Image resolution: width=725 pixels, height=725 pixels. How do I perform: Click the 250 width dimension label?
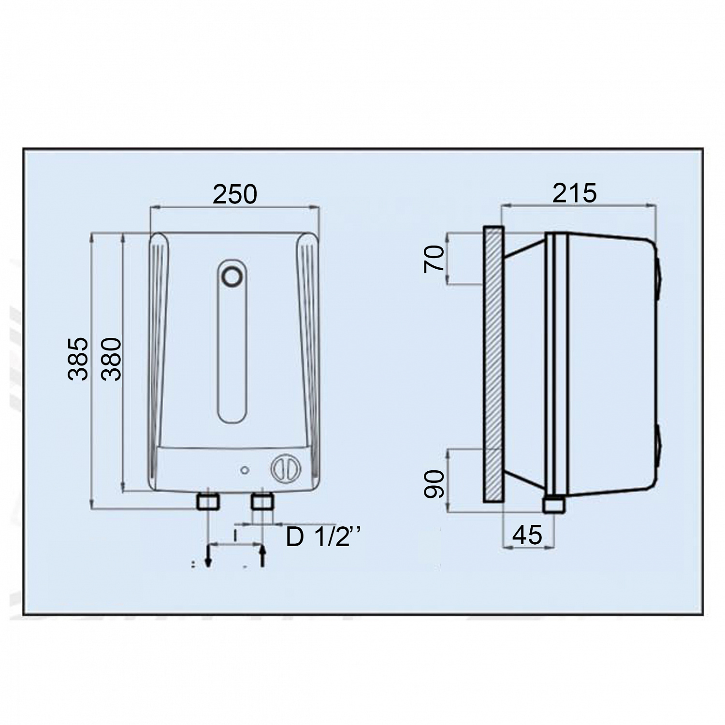[235, 194]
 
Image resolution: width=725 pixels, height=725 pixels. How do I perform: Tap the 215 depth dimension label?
[575, 193]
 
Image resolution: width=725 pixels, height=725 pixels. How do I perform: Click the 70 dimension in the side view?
[433, 259]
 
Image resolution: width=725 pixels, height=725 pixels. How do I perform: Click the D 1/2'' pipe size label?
[324, 536]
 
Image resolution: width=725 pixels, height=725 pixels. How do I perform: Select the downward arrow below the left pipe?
[208, 556]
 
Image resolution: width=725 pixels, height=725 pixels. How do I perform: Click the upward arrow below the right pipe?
[262, 556]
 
